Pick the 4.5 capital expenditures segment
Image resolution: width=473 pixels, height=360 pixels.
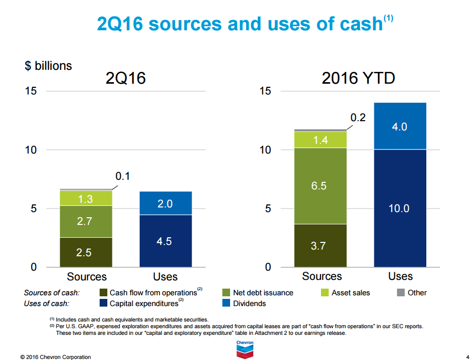[x=165, y=241]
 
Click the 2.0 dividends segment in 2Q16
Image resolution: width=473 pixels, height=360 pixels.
[x=165, y=203]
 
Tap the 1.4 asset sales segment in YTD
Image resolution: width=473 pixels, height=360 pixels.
[x=320, y=140]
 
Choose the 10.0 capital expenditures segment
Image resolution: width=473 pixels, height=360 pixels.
[x=400, y=208]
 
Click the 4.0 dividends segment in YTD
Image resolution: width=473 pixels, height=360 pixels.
[x=400, y=126]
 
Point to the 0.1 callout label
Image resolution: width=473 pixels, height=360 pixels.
[x=122, y=176]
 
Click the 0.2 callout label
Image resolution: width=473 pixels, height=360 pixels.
[x=358, y=118]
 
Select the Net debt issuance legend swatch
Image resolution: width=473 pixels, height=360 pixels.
[x=226, y=293]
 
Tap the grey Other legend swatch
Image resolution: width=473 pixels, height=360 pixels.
[x=401, y=293]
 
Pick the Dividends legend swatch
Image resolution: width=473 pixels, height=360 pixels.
[x=226, y=304]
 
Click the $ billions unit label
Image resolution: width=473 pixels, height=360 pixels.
[x=48, y=66]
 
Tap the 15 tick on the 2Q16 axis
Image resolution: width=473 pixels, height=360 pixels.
[x=30, y=91]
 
